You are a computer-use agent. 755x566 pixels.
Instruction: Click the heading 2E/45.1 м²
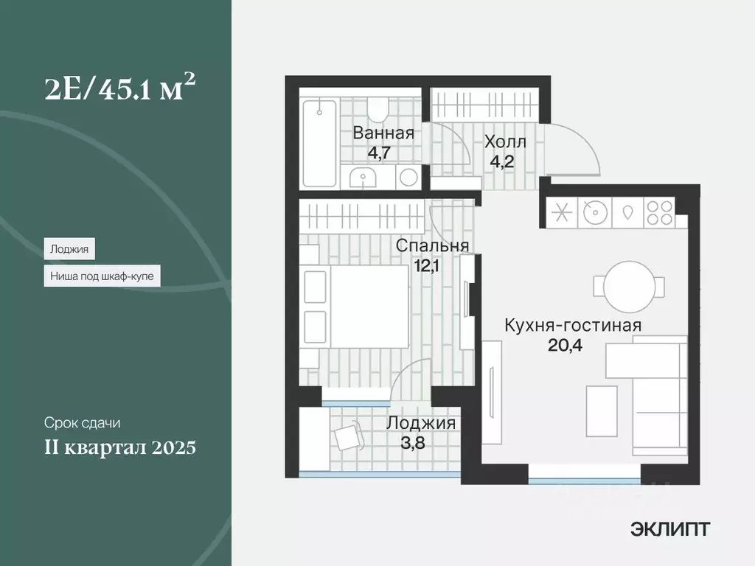(119, 91)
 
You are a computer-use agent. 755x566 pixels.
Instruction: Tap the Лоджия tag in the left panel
(69, 249)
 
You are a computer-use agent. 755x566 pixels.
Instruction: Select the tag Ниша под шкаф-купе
(102, 276)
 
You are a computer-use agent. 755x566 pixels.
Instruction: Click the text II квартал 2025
(119, 447)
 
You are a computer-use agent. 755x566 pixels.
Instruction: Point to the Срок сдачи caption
(82, 423)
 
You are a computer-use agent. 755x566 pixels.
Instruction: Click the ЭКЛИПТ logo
(670, 528)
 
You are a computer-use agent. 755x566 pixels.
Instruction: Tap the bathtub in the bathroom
(320, 143)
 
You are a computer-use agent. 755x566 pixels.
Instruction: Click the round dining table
(627, 286)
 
